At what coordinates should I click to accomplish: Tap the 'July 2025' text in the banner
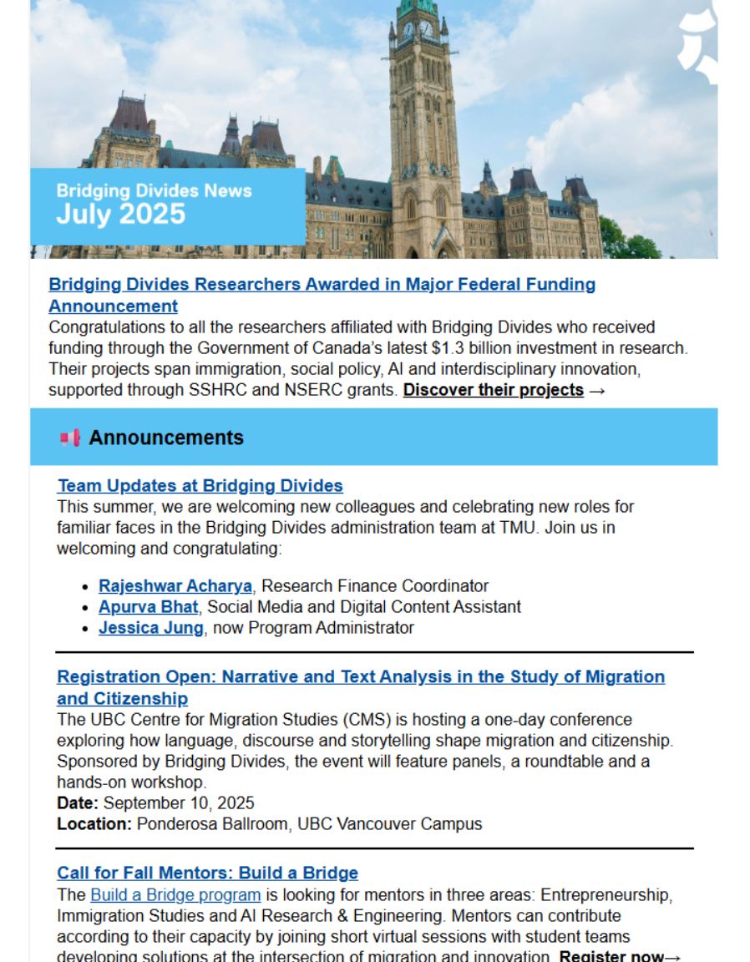pyautogui.click(x=121, y=215)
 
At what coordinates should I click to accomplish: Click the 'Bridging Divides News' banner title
pyautogui.click(x=155, y=190)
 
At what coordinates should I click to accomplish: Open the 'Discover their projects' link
pyautogui.click(x=493, y=390)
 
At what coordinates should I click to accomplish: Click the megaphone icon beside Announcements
pyautogui.click(x=70, y=438)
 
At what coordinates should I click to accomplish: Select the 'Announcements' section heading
pyautogui.click(x=166, y=438)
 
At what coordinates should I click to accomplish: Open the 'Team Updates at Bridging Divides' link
pyautogui.click(x=200, y=485)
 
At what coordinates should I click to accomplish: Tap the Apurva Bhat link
pyautogui.click(x=149, y=607)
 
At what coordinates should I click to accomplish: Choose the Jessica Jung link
pyautogui.click(x=150, y=628)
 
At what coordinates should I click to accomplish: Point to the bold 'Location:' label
pyautogui.click(x=94, y=824)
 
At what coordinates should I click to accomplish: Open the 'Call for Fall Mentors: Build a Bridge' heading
pyautogui.click(x=207, y=873)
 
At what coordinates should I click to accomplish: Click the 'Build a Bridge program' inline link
pyautogui.click(x=175, y=895)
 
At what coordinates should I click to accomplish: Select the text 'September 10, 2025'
pyautogui.click(x=179, y=803)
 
